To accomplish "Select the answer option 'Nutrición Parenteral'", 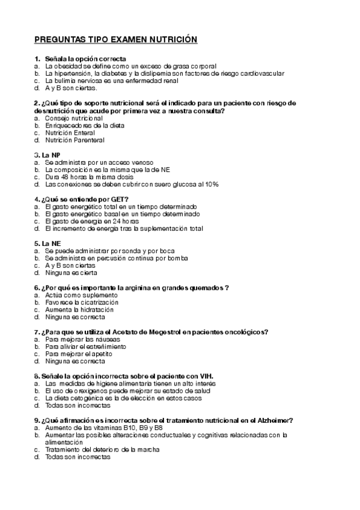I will pyautogui.click(x=75, y=140).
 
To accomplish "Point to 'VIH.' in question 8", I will pyautogui.click(x=206, y=376).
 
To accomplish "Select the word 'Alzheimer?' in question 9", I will pyautogui.click(x=273, y=420).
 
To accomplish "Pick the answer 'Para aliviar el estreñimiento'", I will pyautogui.click(x=85, y=346).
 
